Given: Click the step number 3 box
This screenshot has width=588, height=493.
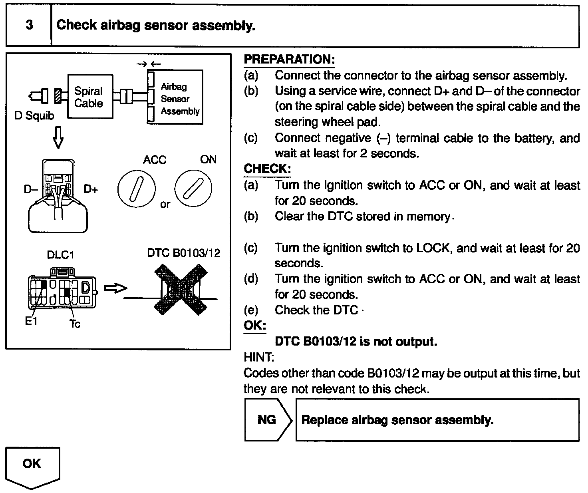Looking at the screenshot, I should point(29,26).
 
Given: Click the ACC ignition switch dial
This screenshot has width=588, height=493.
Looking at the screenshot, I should point(136,189).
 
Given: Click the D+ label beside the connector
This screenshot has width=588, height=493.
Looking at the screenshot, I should point(91,189).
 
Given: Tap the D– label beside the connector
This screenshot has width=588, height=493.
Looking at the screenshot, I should point(30,189).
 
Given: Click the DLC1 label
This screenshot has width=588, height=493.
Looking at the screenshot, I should point(60,255).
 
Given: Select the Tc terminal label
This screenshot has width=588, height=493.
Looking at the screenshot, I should point(75,324).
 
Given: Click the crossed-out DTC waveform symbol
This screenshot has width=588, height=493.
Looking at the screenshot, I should point(182,290).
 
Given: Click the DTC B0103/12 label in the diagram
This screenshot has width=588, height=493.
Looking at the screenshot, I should point(184,253).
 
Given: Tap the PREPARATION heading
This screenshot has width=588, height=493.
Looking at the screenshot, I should point(289,60).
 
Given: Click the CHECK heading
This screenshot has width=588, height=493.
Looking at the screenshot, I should point(267,169).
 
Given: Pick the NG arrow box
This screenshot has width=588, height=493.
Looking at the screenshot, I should point(267,420).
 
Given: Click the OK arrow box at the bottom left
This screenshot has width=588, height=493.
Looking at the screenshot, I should point(32,466).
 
